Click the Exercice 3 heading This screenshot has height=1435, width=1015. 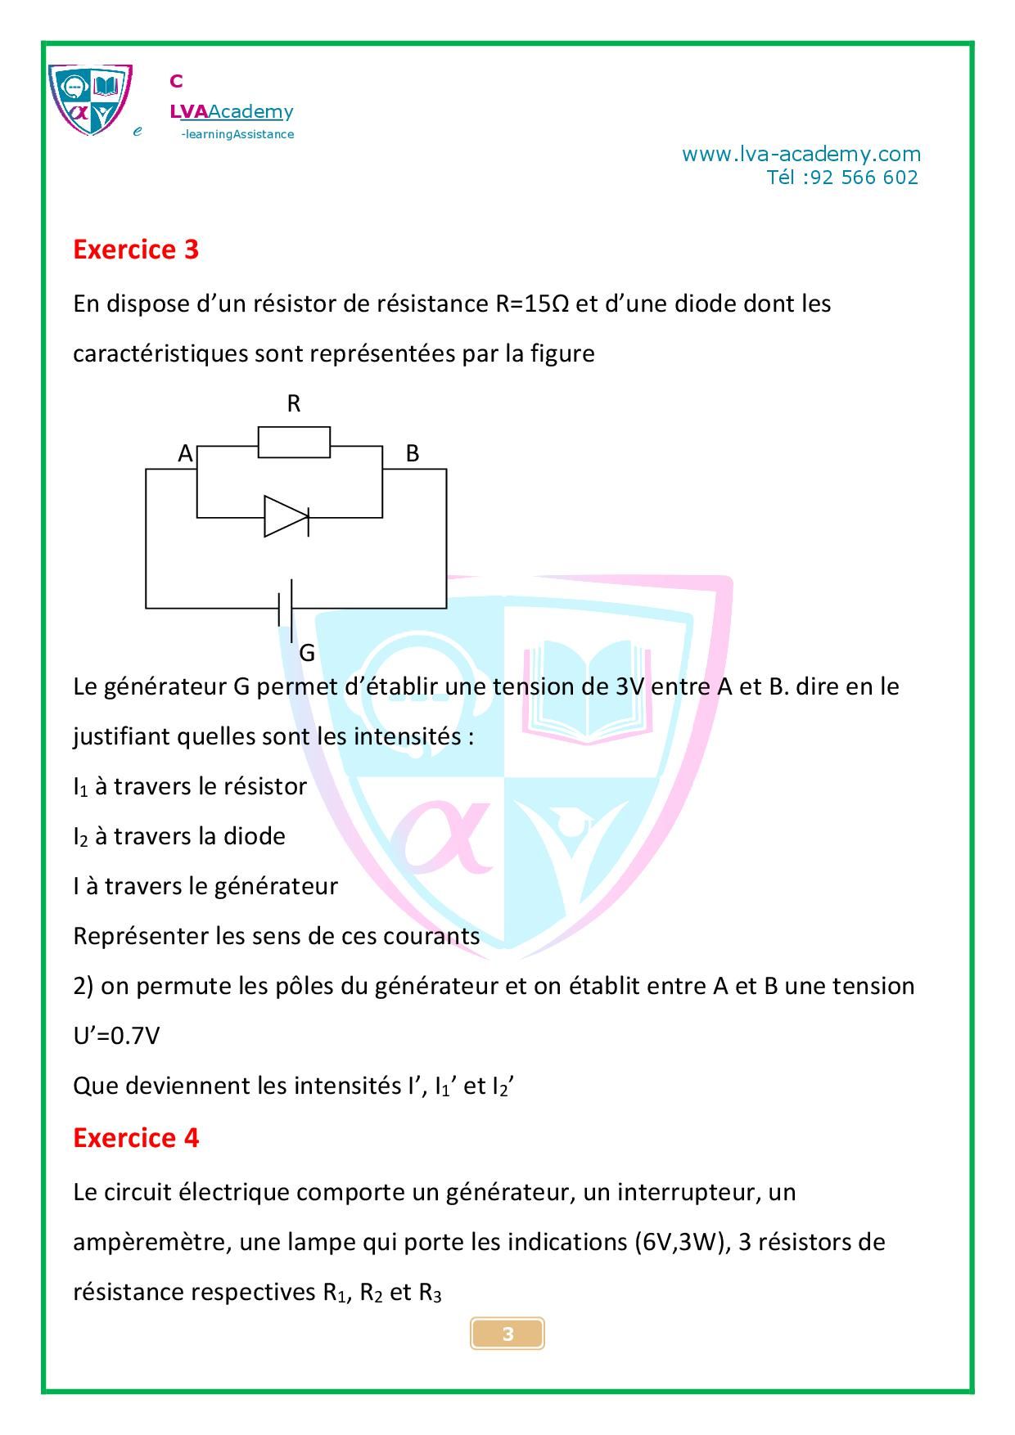tap(136, 250)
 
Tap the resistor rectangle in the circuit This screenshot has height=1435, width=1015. tap(294, 442)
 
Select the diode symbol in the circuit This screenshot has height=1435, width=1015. tap(286, 516)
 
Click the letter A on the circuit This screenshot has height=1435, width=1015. tap(186, 453)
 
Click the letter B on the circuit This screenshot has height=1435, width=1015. tap(413, 453)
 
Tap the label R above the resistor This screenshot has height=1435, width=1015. tap(294, 403)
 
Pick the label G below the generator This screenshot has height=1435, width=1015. tap(307, 653)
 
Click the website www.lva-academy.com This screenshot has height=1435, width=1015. tap(801, 154)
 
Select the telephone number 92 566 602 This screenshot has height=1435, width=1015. tap(864, 178)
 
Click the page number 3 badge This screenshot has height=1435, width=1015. tap(508, 1334)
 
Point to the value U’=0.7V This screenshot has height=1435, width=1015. tap(116, 1036)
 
